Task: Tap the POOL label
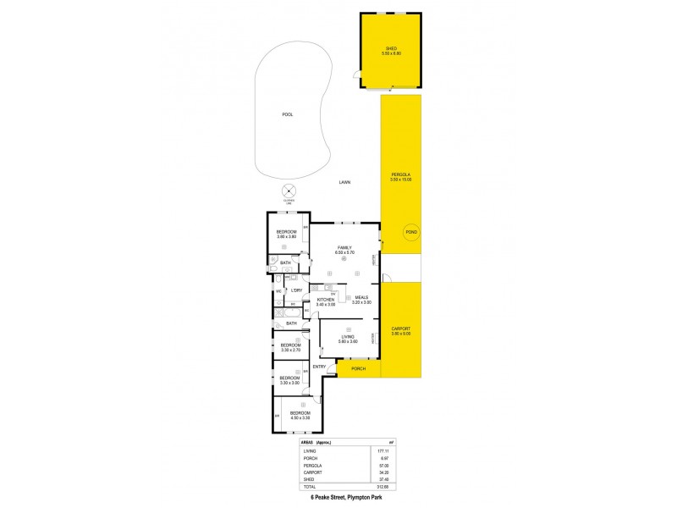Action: pos(287,114)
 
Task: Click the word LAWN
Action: pos(344,182)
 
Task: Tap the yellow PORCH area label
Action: pos(358,370)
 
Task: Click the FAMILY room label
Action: pos(344,247)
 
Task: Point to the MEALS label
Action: pos(361,298)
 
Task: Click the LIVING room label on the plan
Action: pos(348,338)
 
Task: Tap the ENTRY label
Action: pos(319,366)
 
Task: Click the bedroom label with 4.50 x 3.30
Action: pos(300,414)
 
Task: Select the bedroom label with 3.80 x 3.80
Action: pos(287,233)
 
